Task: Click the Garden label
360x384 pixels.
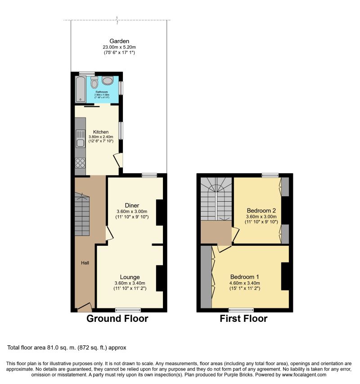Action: pyautogui.click(x=119, y=41)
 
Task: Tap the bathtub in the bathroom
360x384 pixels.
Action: pyautogui.click(x=81, y=89)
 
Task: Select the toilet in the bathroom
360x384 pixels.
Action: pyautogui.click(x=94, y=83)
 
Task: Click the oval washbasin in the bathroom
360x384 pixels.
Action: pyautogui.click(x=108, y=81)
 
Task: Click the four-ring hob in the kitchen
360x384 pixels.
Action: pyautogui.click(x=81, y=163)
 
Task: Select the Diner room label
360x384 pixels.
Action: pyautogui.click(x=132, y=205)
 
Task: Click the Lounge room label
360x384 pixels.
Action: pyautogui.click(x=130, y=277)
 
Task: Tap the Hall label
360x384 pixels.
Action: pyautogui.click(x=85, y=263)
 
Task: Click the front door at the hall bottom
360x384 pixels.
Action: pyautogui.click(x=85, y=307)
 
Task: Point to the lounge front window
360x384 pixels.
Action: pyautogui.click(x=128, y=310)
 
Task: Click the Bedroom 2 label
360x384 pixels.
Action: pyautogui.click(x=261, y=210)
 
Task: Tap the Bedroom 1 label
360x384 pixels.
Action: pyautogui.click(x=245, y=277)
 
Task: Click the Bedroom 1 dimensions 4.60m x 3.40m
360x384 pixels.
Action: pyautogui.click(x=245, y=283)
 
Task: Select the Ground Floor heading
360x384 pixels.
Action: pyautogui.click(x=117, y=319)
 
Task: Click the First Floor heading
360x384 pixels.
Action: pyautogui.click(x=243, y=319)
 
